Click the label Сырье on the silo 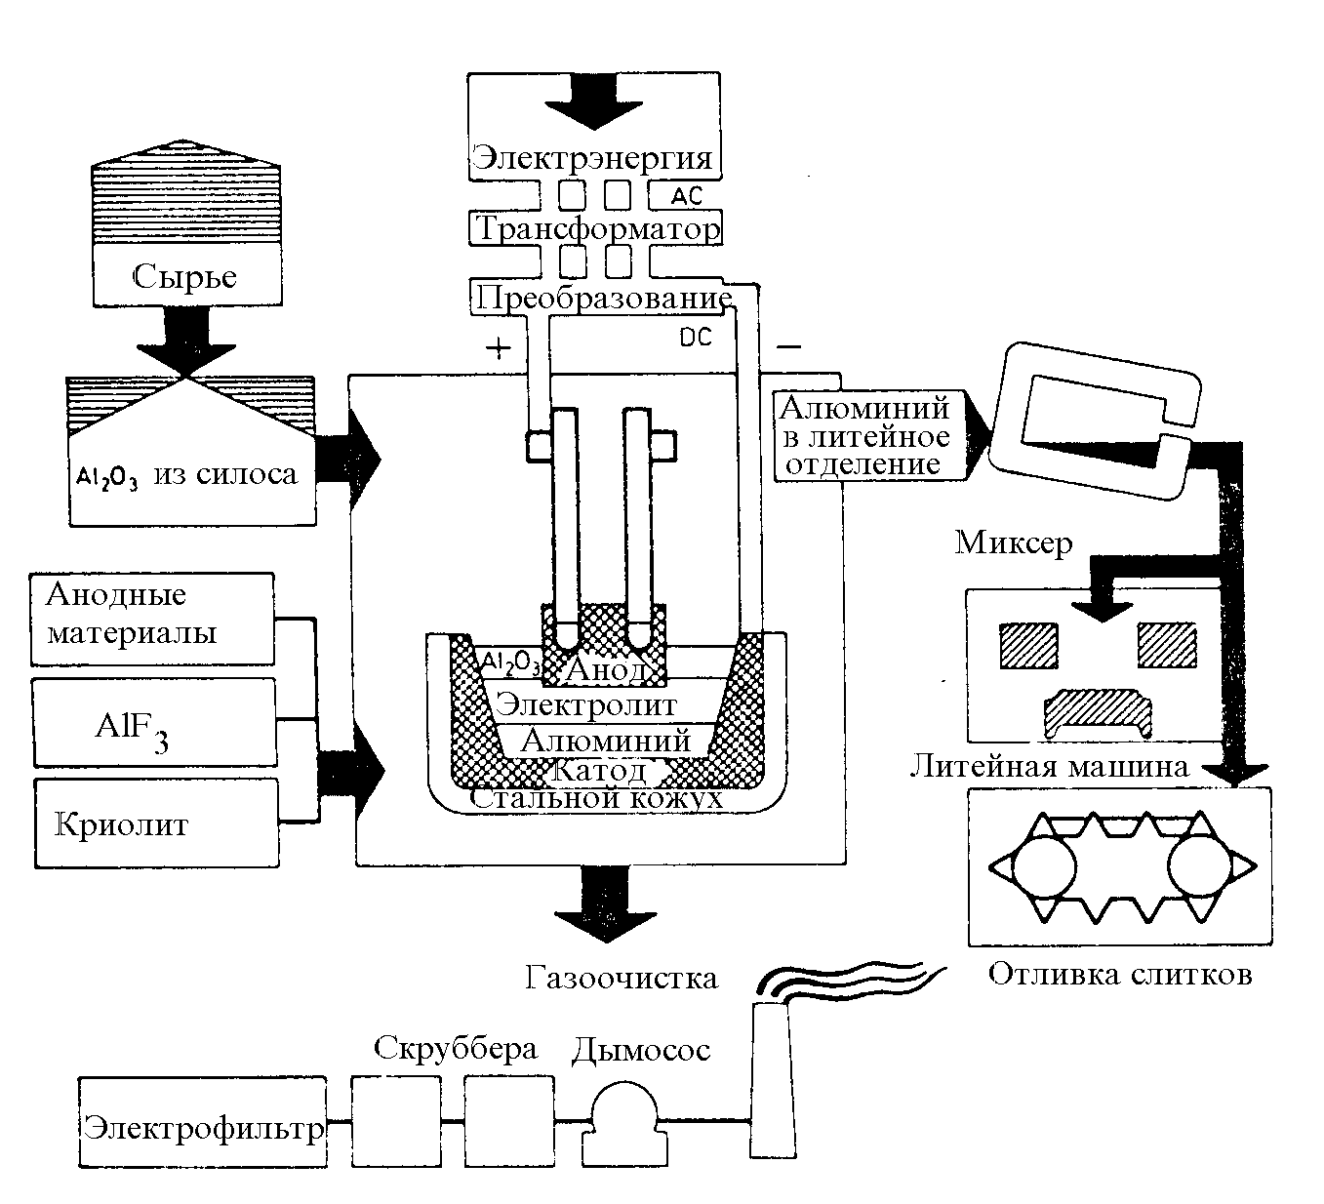184,276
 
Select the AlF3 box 153,723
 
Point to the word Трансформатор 597,228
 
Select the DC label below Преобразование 694,338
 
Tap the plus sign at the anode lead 498,348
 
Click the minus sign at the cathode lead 789,346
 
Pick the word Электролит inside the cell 585,703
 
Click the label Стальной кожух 596,797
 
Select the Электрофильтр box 202,1128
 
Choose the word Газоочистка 621,977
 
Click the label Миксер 1014,542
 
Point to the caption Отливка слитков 1119,974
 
